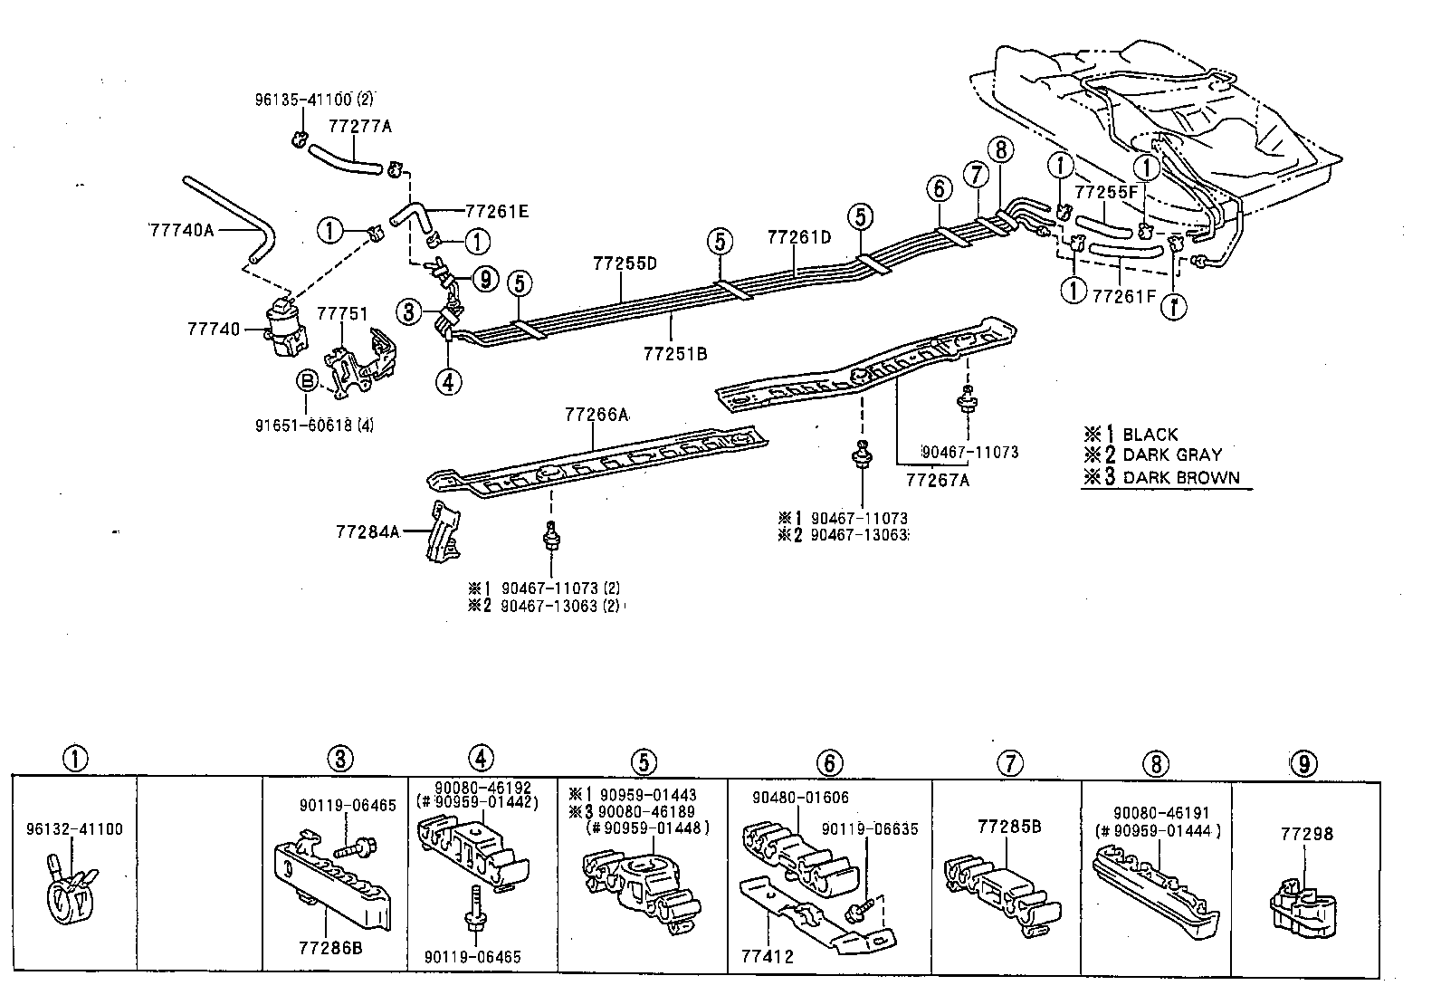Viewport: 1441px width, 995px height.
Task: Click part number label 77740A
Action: coord(181,230)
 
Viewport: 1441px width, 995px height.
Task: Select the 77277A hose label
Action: coord(362,127)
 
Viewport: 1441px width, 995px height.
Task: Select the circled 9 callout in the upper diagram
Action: coord(486,279)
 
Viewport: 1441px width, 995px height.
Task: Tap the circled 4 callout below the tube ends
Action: coord(448,381)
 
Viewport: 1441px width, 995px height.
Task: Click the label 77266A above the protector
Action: coord(596,415)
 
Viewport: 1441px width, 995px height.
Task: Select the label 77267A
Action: coord(938,480)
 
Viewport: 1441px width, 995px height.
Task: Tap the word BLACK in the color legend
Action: coord(1150,435)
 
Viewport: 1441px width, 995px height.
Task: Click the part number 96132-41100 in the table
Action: coord(74,828)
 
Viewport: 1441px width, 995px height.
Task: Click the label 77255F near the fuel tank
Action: coord(1105,193)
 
